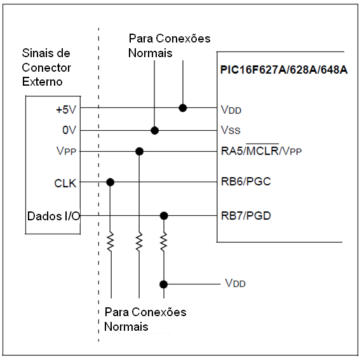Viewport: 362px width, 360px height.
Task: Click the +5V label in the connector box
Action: coord(66,110)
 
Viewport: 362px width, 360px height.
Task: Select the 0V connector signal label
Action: coord(69,130)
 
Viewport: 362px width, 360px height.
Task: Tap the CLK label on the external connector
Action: coord(65,183)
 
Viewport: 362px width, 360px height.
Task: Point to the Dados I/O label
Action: coord(53,217)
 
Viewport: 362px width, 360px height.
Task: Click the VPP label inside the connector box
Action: coord(66,151)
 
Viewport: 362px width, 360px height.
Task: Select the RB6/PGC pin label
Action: coord(246,182)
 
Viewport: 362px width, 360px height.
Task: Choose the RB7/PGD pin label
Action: coord(246,216)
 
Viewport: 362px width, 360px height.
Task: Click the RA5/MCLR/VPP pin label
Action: coord(262,150)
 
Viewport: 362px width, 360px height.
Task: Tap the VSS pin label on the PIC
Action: coord(231,130)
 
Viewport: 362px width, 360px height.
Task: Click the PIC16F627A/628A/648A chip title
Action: coord(284,70)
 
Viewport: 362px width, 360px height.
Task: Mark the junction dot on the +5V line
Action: coord(183,108)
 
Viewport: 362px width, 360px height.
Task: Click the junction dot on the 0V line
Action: coord(155,130)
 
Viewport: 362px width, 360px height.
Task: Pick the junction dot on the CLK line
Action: coord(111,182)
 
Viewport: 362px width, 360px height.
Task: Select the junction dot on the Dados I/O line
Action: coord(164,216)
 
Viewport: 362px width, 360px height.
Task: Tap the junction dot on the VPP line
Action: coord(140,151)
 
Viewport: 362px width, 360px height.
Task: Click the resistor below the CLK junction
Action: coord(111,242)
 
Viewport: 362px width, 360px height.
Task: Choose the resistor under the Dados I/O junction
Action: coord(164,242)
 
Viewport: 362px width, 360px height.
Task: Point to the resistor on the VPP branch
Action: coord(139,242)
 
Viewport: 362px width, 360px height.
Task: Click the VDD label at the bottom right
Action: coord(235,283)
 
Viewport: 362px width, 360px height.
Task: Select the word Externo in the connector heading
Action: coord(43,82)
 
